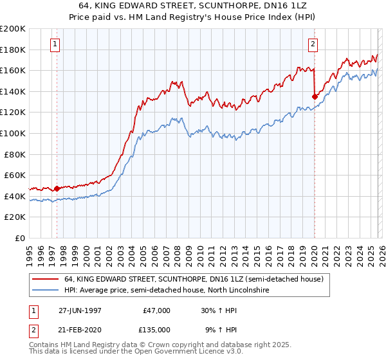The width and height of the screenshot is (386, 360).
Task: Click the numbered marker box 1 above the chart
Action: (x=55, y=44)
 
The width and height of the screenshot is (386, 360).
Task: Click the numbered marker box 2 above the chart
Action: (x=313, y=44)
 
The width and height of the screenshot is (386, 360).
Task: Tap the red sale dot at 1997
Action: (x=57, y=188)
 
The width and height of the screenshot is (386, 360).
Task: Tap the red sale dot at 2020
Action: (x=315, y=96)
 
